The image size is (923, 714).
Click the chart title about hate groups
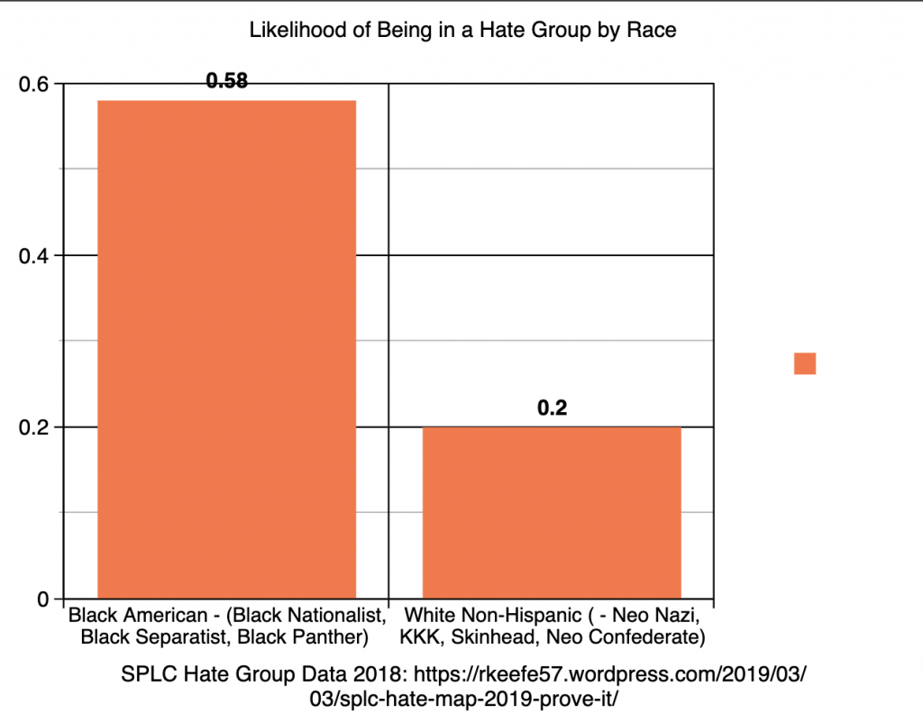tap(461, 31)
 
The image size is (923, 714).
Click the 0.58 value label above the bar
tap(226, 81)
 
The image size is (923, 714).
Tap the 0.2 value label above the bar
tap(551, 408)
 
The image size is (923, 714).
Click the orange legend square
tap(804, 363)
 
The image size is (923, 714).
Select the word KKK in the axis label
tap(422, 638)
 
